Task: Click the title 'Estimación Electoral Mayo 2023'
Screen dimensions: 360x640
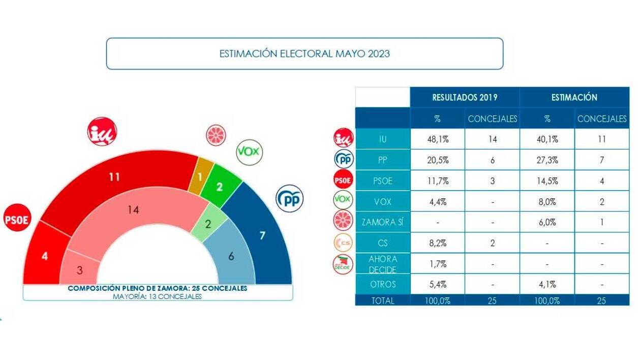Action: pos(304,53)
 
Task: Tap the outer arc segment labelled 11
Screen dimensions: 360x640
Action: pos(114,178)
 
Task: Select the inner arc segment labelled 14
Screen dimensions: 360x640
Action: pos(133,210)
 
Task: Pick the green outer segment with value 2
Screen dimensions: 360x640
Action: pos(219,186)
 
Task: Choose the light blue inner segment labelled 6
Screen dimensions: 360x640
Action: pos(231,256)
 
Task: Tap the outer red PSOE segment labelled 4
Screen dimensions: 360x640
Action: pos(45,256)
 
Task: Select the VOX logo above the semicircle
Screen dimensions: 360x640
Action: pos(249,151)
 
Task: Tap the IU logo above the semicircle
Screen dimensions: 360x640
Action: pos(102,132)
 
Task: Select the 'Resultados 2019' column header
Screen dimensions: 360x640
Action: pos(464,97)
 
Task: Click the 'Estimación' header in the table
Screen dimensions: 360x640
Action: pos(574,97)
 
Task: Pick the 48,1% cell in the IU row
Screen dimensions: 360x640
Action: pos(437,139)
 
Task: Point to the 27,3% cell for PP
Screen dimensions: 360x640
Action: pos(547,160)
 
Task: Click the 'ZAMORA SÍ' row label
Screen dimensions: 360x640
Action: pos(382,222)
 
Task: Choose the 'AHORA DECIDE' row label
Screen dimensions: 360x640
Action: pos(382,263)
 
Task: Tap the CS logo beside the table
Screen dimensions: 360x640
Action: pos(343,244)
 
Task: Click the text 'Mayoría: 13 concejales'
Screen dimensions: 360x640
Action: pos(157,296)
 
